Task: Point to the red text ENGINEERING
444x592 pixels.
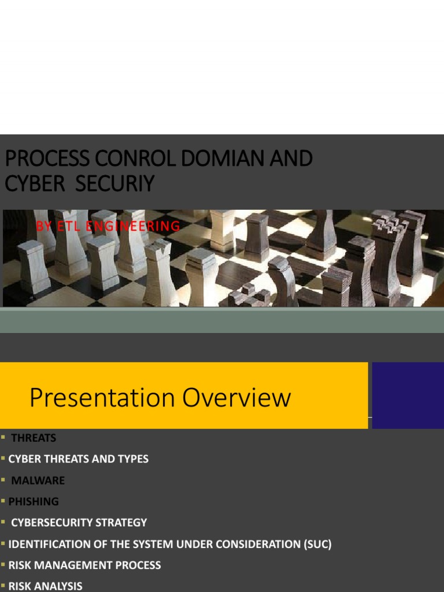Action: point(133,226)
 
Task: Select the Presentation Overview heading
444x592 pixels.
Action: point(160,398)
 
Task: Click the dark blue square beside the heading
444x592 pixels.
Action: point(407,395)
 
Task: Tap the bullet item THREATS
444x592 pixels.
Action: point(34,438)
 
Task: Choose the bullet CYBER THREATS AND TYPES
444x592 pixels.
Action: point(78,459)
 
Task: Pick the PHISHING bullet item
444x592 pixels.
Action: point(34,501)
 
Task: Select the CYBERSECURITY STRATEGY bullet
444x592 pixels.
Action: point(79,523)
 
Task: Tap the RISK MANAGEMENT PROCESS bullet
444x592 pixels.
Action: point(84,565)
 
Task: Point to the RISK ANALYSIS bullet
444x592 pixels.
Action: point(45,586)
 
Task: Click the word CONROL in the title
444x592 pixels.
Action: point(130,158)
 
